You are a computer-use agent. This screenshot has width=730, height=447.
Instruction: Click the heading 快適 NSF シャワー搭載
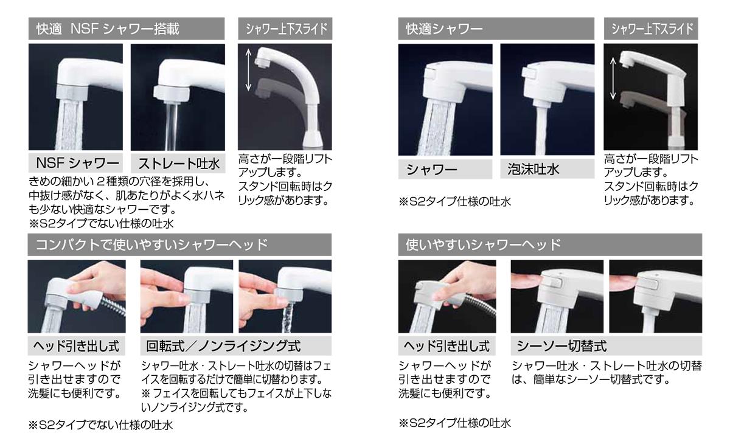[x=108, y=29]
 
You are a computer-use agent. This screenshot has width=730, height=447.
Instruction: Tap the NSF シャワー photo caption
[x=77, y=163]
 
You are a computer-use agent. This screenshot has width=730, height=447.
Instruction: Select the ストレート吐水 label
[x=179, y=164]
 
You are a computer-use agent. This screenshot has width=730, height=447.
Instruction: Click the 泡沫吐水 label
[x=533, y=169]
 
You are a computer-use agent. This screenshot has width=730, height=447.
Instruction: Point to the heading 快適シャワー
[x=444, y=29]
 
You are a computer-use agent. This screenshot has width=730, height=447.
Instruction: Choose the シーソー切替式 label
[x=561, y=345]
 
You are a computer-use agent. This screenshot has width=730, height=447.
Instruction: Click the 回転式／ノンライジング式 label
[x=223, y=345]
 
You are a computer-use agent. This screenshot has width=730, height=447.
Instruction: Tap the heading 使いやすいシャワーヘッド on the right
[x=483, y=244]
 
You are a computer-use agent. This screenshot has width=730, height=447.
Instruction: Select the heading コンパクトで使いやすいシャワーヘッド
[x=151, y=244]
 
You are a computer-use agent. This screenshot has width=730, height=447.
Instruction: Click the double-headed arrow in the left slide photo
[x=248, y=70]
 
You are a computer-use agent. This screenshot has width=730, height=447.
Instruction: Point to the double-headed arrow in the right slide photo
[x=613, y=78]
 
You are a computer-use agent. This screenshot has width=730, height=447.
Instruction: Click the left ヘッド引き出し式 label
[x=76, y=345]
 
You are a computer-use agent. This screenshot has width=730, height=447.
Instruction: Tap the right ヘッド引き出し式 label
[x=447, y=345]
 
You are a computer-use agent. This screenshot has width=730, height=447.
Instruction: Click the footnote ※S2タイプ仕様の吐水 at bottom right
[x=455, y=423]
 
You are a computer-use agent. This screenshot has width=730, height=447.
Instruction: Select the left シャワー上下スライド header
[x=286, y=29]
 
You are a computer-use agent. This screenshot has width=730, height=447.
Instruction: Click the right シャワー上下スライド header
[x=652, y=29]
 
